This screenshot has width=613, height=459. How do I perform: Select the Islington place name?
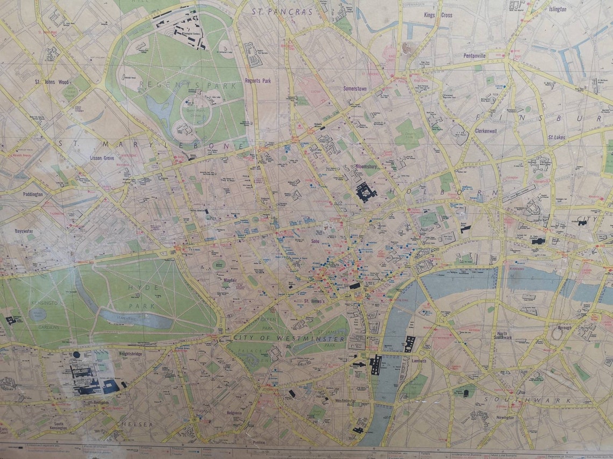[557, 9]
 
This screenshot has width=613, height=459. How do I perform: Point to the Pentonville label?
[474, 55]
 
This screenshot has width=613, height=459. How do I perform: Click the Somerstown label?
[355, 89]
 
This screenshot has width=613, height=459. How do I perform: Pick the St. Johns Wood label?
[52, 82]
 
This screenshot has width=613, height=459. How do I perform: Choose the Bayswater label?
[25, 231]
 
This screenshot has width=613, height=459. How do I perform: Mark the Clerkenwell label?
[488, 130]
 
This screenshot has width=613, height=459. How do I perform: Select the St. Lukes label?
[557, 137]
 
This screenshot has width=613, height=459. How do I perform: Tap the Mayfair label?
[230, 280]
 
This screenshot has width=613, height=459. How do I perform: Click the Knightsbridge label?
[129, 354]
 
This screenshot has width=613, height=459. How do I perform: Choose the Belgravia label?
[234, 413]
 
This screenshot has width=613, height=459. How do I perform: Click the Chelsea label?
[134, 424]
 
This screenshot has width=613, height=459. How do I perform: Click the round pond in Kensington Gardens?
[38, 315]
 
